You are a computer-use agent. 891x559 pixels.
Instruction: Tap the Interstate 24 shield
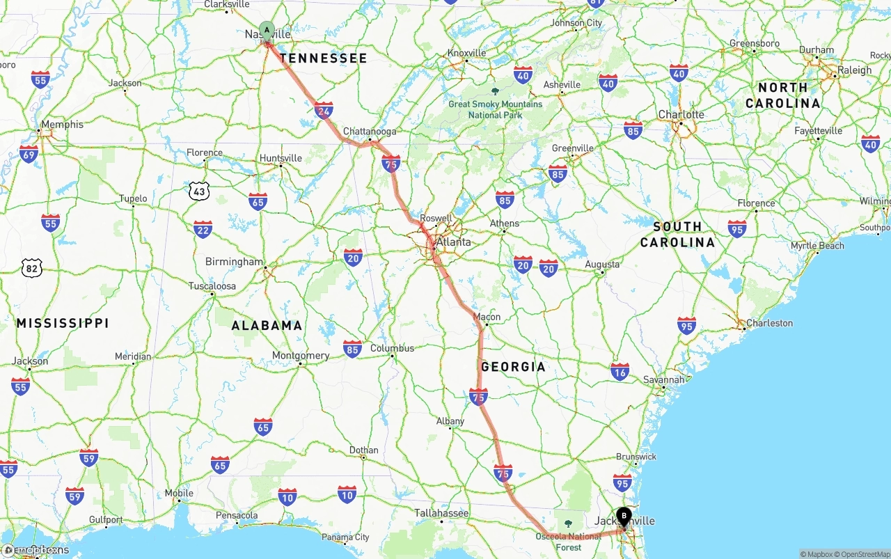coord(324,111)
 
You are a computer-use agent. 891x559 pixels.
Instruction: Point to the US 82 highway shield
coord(32,268)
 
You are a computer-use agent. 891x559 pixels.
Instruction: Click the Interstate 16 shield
coord(620,371)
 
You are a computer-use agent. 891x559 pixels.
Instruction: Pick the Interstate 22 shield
coord(203,230)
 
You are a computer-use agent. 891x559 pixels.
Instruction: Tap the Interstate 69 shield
coord(29,154)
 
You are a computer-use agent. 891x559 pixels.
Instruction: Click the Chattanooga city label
coord(370,132)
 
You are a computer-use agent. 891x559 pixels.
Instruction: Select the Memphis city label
coord(62,125)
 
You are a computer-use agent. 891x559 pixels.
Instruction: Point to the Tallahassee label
coord(441,513)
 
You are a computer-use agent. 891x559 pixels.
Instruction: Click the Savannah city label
coord(663,380)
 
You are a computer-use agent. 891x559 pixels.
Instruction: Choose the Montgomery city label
coord(301,356)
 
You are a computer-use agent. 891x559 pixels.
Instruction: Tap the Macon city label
coord(487,317)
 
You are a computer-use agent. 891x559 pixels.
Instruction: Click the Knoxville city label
coord(466,53)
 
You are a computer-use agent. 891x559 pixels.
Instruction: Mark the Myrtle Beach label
coord(817,246)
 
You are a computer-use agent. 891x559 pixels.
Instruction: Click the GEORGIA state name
coord(513,367)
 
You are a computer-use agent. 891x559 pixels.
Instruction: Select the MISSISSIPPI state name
coord(63,323)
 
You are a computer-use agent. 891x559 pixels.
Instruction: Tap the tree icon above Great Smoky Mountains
coord(495,91)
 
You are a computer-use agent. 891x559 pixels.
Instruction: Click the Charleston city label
coord(769,323)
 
